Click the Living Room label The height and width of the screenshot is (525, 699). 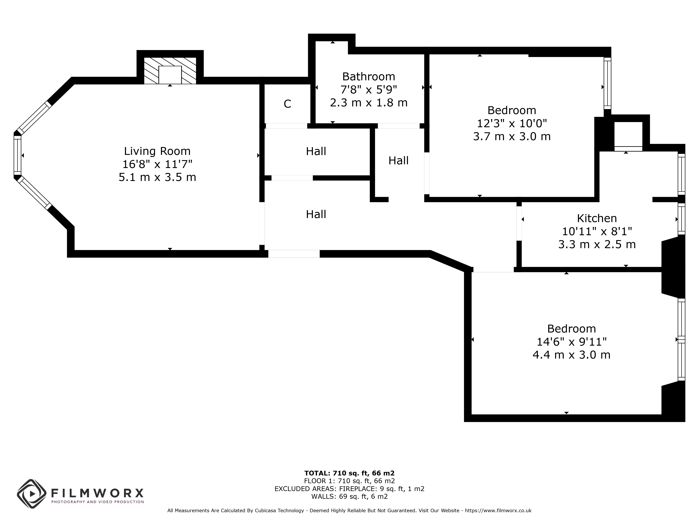click(x=157, y=151)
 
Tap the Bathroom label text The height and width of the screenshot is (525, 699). click(x=368, y=77)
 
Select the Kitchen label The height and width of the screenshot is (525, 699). click(x=597, y=218)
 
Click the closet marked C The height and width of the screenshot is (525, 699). click(x=287, y=104)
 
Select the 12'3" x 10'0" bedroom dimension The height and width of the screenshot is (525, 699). click(x=512, y=123)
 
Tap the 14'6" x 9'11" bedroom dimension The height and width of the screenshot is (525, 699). click(x=571, y=342)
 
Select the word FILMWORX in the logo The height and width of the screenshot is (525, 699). click(x=97, y=493)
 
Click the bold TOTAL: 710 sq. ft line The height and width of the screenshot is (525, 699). click(x=349, y=473)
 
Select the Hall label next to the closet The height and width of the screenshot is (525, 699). click(x=316, y=151)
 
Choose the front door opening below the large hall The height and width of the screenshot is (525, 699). click(x=294, y=254)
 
